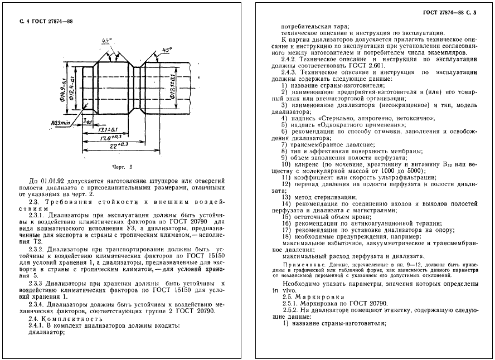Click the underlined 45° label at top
point(106,40)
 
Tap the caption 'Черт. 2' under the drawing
point(121,167)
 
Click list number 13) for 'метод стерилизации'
point(286,197)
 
